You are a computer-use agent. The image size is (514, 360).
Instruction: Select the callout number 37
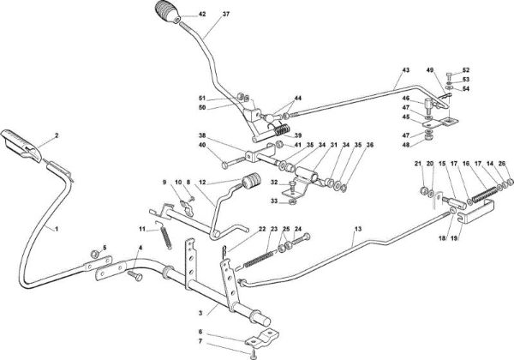click(x=226, y=14)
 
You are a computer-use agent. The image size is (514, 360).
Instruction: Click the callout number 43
click(x=406, y=70)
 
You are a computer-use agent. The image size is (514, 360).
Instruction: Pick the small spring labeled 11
click(x=164, y=234)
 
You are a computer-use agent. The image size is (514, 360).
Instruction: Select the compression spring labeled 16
click(x=482, y=193)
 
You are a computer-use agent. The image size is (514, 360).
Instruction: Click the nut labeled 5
click(x=95, y=253)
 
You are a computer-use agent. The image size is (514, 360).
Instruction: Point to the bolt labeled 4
click(x=134, y=275)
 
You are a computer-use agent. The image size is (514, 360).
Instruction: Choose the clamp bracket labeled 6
click(x=263, y=338)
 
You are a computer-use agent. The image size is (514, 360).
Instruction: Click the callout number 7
click(x=200, y=341)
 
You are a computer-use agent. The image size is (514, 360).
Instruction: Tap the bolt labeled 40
click(x=235, y=162)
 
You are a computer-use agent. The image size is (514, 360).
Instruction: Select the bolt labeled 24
click(x=300, y=240)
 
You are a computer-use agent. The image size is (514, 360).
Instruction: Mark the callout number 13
click(x=358, y=229)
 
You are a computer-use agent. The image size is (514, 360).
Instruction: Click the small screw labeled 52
click(x=449, y=76)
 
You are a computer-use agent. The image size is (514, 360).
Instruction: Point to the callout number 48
click(x=406, y=143)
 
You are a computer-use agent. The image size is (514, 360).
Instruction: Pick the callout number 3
click(x=200, y=313)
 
